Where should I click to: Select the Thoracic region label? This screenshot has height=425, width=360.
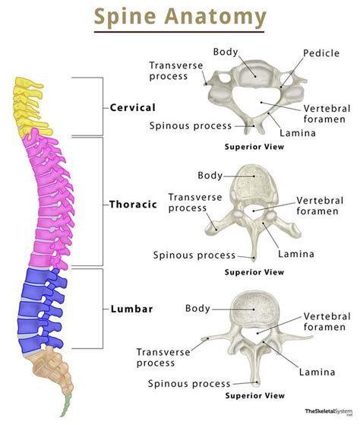133,204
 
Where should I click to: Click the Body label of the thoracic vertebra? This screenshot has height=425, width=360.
210,175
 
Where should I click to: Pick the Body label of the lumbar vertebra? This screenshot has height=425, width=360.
198,308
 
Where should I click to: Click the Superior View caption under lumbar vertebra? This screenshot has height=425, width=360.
254,395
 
